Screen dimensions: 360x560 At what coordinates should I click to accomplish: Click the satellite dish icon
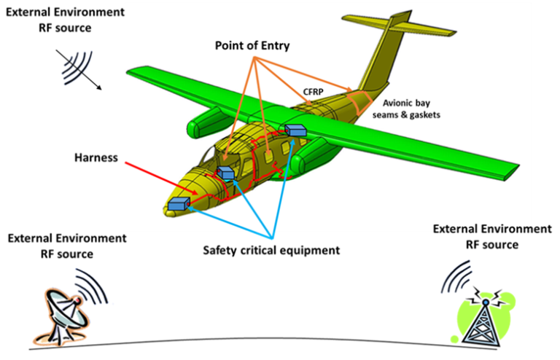(63, 305)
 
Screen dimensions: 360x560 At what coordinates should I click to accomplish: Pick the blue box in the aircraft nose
(178, 206)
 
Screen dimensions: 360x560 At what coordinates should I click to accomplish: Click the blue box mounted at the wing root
(296, 130)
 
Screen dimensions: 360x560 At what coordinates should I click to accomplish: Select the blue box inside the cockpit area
(225, 173)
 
